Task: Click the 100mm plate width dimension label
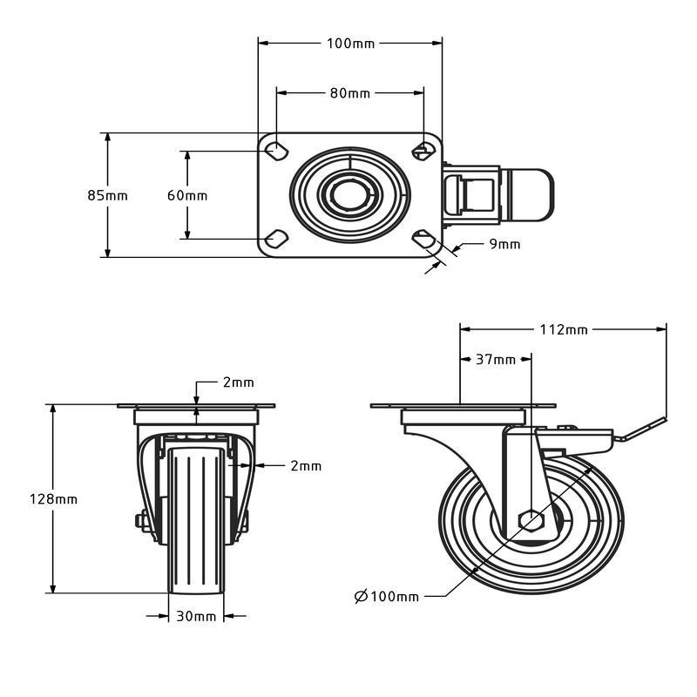coord(351,44)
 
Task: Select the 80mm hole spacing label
coord(350,93)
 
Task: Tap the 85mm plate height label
coord(107,195)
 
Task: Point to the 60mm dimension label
coord(187,195)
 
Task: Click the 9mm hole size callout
coord(504,244)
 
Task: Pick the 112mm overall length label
coord(564,329)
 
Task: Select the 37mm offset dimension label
coord(496,359)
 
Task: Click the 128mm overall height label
coord(53,498)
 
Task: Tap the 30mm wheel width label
coord(196,616)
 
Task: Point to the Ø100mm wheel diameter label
coord(387,596)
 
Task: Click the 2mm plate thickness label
coord(238,382)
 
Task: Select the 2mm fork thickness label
coord(306,466)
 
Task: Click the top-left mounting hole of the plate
coord(276,151)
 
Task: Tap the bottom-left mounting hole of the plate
coord(276,239)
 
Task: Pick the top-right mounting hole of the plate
coord(423,151)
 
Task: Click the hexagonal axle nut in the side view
coord(531,519)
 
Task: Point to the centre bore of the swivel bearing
coord(349,194)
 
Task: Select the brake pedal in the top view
coord(532,194)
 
